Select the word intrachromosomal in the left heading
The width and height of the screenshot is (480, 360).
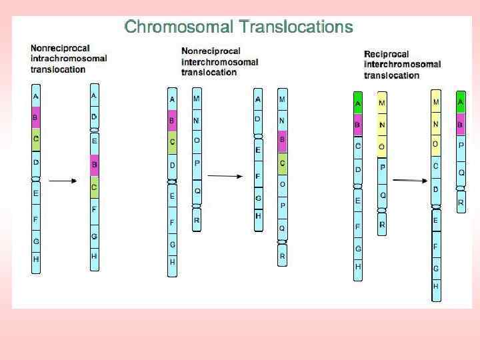[69, 59]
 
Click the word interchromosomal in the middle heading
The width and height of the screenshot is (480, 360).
[219, 62]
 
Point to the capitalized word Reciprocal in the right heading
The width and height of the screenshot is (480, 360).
[387, 54]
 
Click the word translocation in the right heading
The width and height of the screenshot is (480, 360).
[391, 75]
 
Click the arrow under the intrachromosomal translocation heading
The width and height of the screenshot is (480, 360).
[64, 180]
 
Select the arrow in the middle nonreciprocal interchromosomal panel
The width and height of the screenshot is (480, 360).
[225, 176]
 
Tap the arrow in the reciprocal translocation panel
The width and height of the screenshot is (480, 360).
[409, 180]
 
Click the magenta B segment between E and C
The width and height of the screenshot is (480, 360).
[94, 165]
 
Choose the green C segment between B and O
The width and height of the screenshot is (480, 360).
[282, 162]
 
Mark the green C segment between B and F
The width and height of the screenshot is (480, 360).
[94, 187]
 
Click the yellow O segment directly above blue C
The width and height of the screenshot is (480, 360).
[435, 144]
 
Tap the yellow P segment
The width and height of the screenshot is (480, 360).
[382, 167]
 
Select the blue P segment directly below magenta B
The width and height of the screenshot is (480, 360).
[461, 145]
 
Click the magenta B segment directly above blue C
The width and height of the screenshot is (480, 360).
[357, 125]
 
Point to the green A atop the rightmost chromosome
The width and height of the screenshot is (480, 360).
[461, 103]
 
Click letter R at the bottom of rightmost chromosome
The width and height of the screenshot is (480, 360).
[461, 202]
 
